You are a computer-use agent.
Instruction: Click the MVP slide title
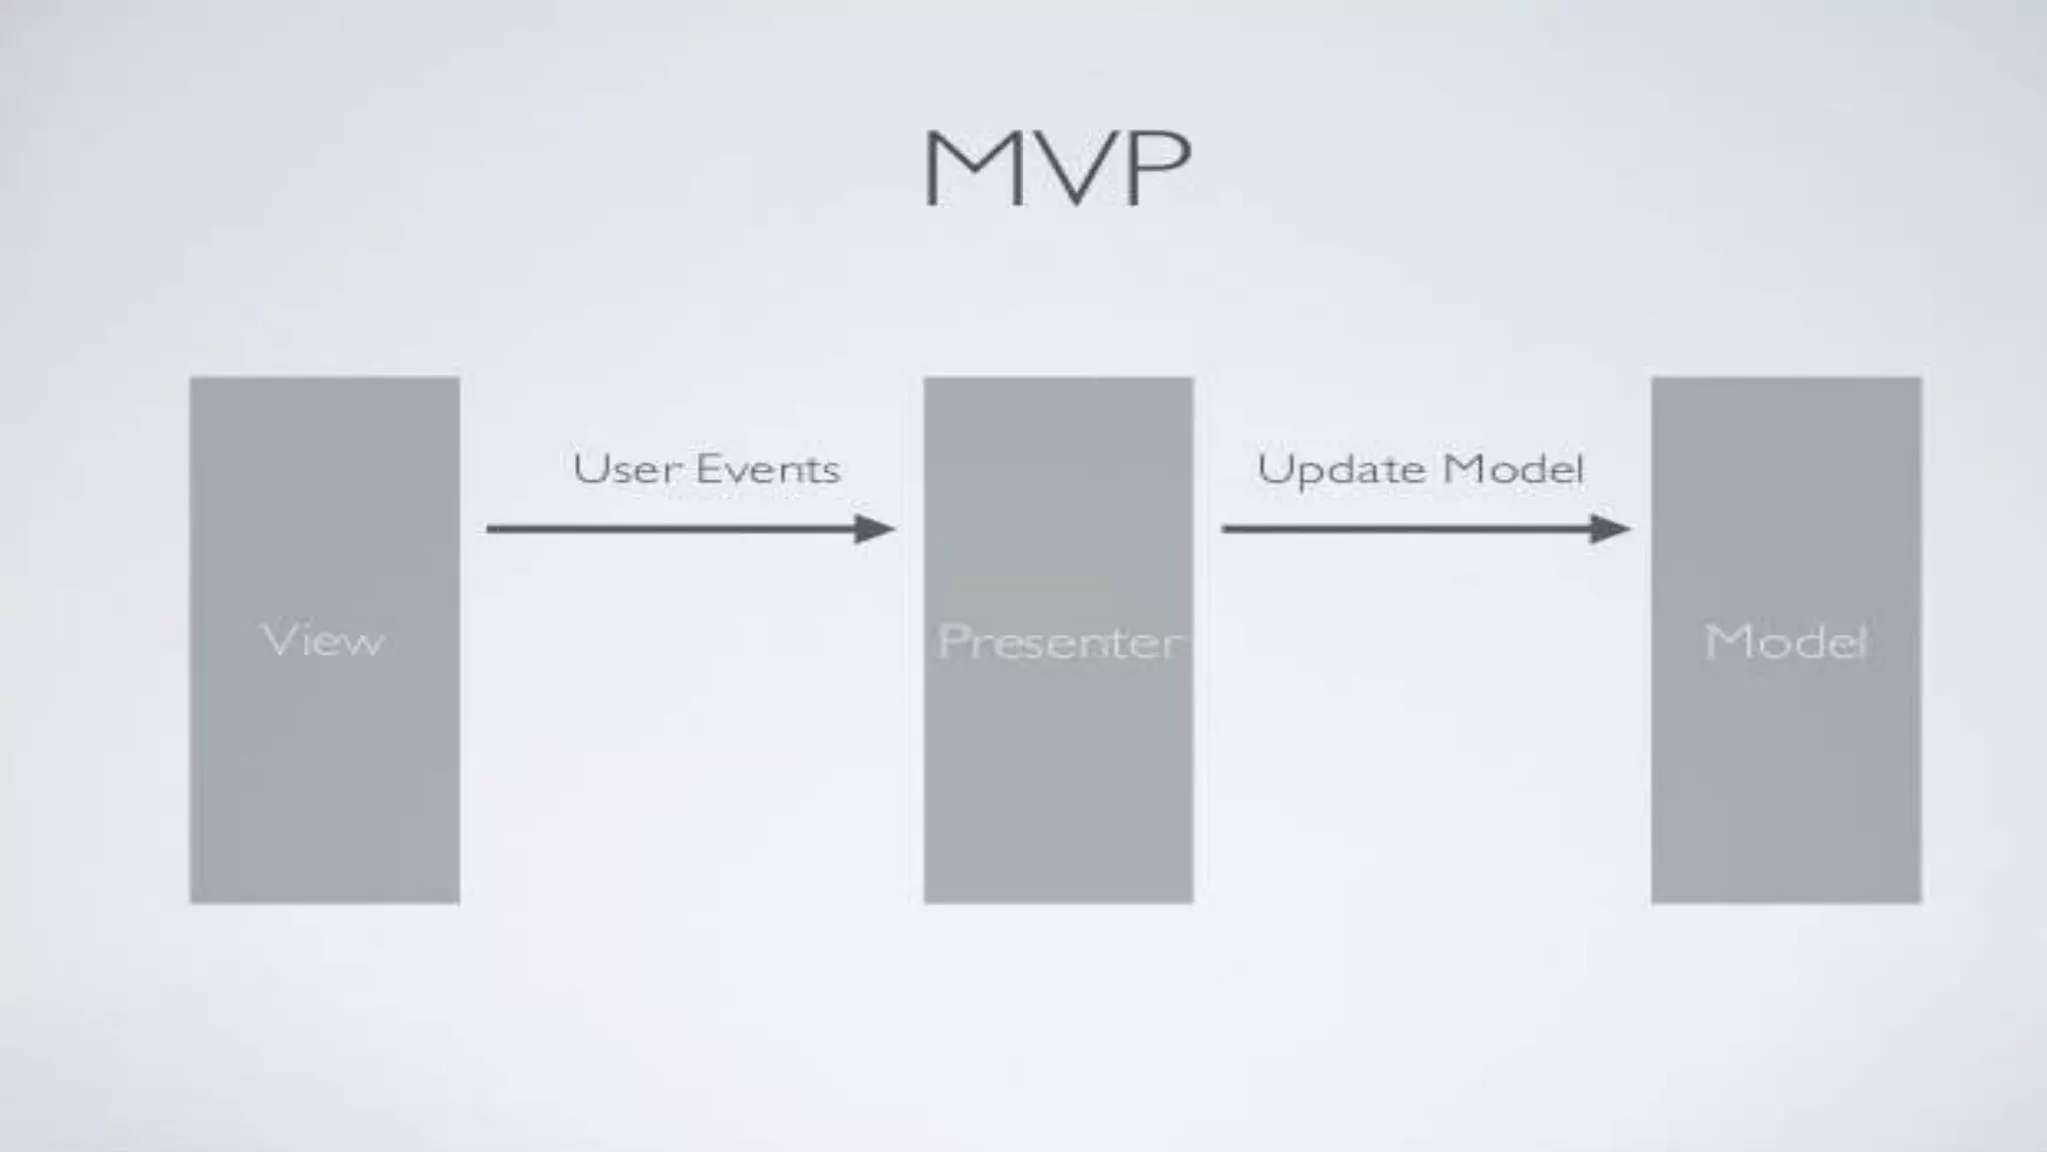(1056, 167)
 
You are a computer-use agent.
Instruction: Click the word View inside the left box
(323, 640)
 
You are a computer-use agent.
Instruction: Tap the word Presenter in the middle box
(1058, 641)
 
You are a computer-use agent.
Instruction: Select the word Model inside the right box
(1785, 641)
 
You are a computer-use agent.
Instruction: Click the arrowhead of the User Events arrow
(874, 528)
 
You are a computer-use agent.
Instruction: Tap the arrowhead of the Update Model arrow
(1610, 528)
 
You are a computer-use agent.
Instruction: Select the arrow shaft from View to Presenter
(670, 528)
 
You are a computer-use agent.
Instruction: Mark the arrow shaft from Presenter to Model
(1405, 528)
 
